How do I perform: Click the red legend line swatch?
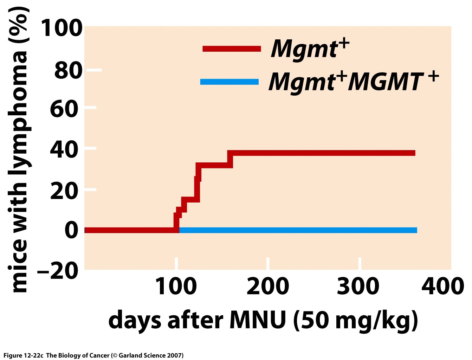pyautogui.click(x=232, y=49)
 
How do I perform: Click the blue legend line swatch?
pyautogui.click(x=229, y=82)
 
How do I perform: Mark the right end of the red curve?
pyautogui.click(x=415, y=153)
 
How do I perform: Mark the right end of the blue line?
pyautogui.click(x=416, y=230)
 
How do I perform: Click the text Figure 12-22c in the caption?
pyautogui.click(x=23, y=355)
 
